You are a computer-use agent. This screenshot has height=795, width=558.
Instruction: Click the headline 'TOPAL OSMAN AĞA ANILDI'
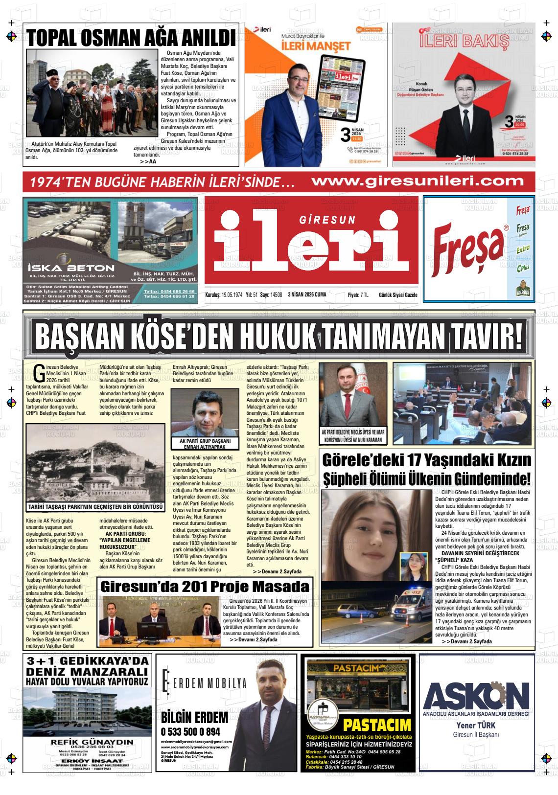131,38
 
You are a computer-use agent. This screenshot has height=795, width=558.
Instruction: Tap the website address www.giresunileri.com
418,182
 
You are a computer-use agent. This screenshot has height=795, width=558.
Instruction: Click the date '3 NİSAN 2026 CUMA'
307,295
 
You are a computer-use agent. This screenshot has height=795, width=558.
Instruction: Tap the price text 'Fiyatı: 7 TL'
358,295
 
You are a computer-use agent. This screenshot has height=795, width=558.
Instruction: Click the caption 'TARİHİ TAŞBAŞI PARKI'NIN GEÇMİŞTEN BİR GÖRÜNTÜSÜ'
95,507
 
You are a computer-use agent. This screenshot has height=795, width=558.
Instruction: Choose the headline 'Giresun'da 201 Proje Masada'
205,586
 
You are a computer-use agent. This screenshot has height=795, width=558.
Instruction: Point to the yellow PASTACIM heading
377,725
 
